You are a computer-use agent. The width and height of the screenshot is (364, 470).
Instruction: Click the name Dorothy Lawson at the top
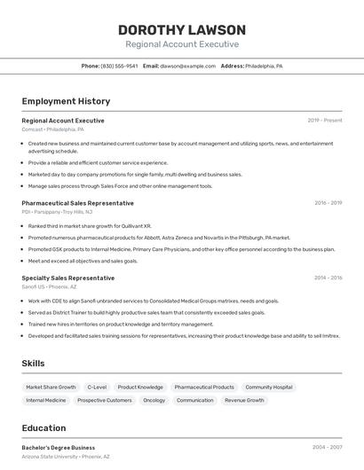click(182, 28)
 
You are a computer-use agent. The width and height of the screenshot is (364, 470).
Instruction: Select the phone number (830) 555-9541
click(119, 67)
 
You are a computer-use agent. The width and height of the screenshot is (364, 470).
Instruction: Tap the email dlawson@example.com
click(187, 67)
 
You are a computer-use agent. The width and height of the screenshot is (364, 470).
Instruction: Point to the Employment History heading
click(66, 101)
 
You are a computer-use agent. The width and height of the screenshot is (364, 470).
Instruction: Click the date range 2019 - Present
click(325, 121)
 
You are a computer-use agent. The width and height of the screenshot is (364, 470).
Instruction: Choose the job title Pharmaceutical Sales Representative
click(77, 203)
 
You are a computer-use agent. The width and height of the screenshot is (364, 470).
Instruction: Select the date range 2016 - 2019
click(328, 203)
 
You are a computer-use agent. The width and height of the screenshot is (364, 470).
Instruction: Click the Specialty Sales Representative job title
click(67, 278)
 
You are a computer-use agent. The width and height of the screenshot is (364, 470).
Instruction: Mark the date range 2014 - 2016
click(328, 278)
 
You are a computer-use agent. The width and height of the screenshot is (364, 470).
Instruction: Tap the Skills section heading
click(34, 364)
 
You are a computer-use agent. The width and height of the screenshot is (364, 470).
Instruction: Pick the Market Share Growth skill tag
click(51, 388)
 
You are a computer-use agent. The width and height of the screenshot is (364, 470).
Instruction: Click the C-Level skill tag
click(97, 388)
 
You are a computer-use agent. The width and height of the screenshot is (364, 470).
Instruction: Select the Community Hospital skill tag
click(269, 388)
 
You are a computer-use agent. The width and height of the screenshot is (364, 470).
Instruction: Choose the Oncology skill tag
click(154, 401)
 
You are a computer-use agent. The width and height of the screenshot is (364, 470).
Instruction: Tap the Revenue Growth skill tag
click(244, 401)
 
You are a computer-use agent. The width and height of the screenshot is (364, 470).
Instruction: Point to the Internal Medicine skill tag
click(46, 401)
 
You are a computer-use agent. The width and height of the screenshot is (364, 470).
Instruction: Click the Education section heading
click(44, 427)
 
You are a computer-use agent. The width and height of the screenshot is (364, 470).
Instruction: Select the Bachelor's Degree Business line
click(59, 448)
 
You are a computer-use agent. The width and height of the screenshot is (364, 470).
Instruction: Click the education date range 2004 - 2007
click(328, 448)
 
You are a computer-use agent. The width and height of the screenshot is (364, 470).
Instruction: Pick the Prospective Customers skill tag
click(105, 401)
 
